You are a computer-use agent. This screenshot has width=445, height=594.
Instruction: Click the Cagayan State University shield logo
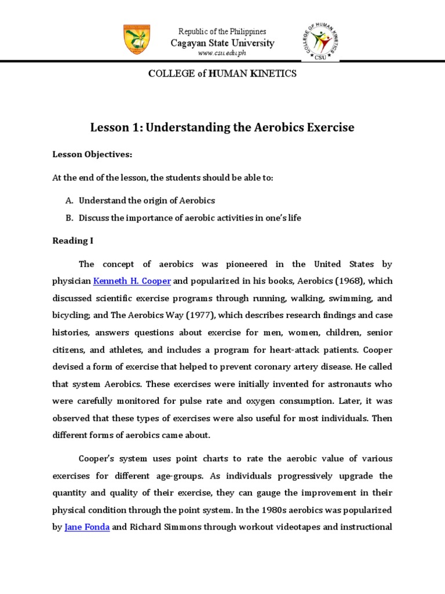coord(137,40)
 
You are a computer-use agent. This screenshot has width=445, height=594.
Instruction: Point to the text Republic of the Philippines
coord(222,31)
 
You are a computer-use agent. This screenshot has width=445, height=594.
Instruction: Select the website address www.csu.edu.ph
coord(222,53)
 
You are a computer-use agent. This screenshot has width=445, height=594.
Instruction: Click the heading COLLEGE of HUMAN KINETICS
coord(222,74)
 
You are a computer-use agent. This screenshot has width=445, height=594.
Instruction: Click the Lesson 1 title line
coord(222,127)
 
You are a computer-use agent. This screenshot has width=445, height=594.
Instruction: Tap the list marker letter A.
coord(68,200)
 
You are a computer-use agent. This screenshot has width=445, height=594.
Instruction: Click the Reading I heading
coord(72,240)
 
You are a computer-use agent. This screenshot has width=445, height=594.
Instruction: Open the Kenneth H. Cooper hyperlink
coord(132,281)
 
